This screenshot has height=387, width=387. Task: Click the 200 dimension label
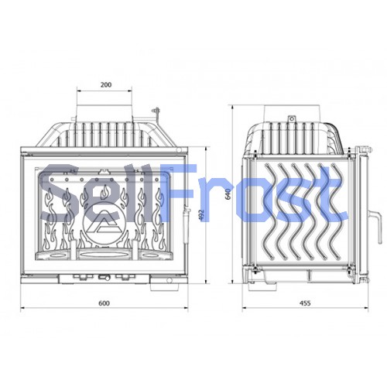pos(106,84)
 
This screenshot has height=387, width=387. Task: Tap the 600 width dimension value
pos(104,303)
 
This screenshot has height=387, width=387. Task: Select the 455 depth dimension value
pos(305,303)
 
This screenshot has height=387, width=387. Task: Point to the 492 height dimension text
pos(202,215)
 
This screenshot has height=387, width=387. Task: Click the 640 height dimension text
pos(228,193)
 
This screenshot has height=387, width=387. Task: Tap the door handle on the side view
pos(375,227)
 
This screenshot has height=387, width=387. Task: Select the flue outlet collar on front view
pos(104,111)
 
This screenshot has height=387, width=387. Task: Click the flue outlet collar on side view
pos(293,113)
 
